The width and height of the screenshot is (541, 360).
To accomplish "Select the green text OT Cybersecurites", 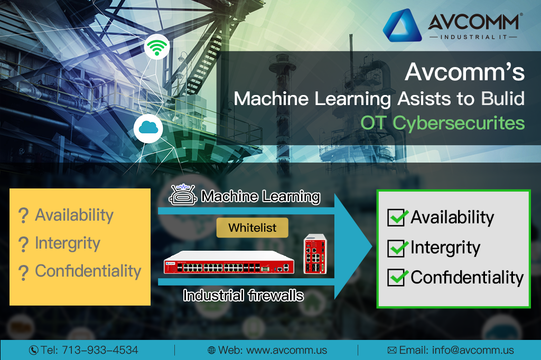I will click(443, 122).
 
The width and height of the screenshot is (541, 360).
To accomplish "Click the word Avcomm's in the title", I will click(464, 72).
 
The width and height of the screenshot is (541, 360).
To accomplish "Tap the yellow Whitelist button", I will click(253, 228).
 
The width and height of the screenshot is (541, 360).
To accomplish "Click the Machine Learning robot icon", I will click(182, 195).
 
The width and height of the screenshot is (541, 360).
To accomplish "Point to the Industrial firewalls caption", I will click(243, 295).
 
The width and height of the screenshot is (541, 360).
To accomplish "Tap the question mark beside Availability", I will click(23, 215).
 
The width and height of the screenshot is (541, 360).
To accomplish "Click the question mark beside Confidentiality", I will click(23, 272).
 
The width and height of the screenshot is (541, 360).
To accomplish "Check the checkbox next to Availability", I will click(397, 217).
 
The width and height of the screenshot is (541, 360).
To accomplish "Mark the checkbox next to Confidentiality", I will click(397, 277).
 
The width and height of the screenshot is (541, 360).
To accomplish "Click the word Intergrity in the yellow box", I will click(67, 243).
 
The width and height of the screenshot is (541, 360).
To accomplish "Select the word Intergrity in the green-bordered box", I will click(445, 248).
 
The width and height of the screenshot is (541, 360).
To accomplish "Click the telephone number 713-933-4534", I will click(100, 350).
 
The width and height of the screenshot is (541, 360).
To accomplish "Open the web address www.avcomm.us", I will click(287, 350).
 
